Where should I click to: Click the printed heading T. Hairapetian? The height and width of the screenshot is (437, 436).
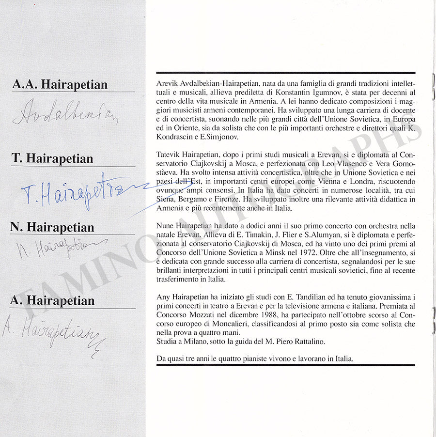(52, 158)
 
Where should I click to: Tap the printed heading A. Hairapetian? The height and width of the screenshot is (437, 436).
(52, 300)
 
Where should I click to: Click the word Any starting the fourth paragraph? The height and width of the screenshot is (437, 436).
(163, 297)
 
